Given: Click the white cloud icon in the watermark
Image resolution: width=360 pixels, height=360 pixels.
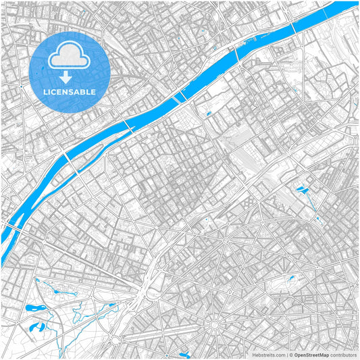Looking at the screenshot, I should point(70,58).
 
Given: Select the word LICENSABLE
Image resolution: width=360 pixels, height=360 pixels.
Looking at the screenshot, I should point(70,91).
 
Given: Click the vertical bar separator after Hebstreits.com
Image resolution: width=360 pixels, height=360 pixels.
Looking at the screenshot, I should point(286,355).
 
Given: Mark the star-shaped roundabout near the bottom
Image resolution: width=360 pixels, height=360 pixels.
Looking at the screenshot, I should point(215,326).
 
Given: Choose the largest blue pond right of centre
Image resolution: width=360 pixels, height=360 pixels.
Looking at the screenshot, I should point(301,188).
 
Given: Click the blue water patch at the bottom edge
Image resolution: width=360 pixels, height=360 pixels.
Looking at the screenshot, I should point(184,353).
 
